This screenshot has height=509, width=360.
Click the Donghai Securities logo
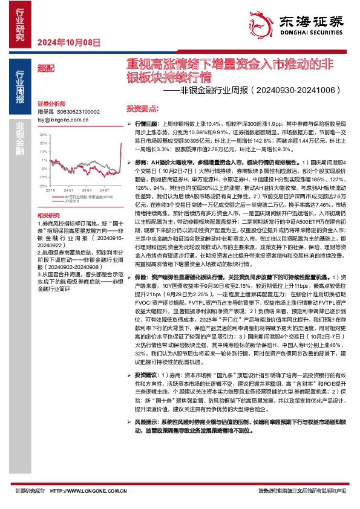point(309,24)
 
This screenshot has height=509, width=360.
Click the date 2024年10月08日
point(68,42)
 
